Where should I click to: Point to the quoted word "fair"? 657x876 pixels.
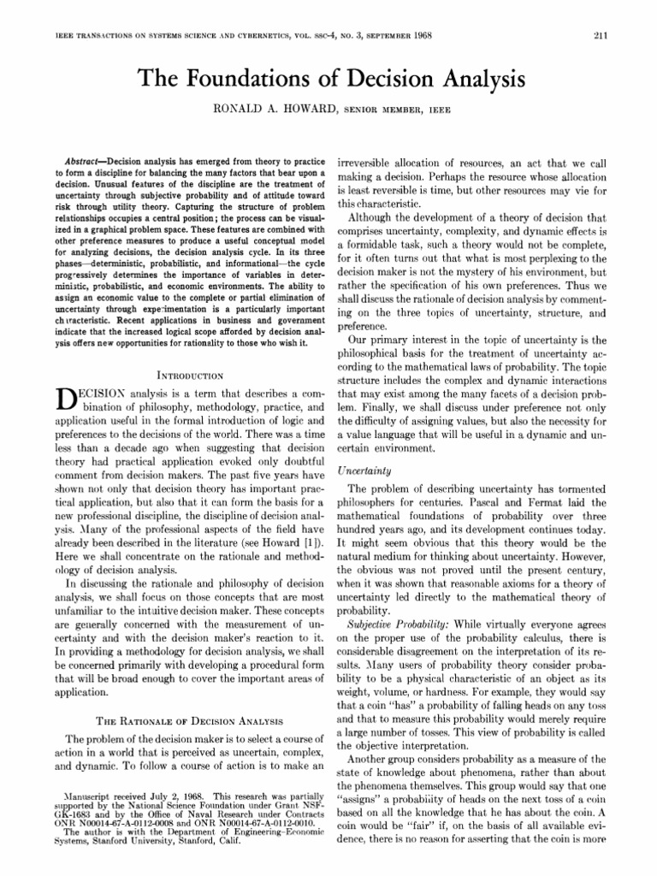point(434,843)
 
